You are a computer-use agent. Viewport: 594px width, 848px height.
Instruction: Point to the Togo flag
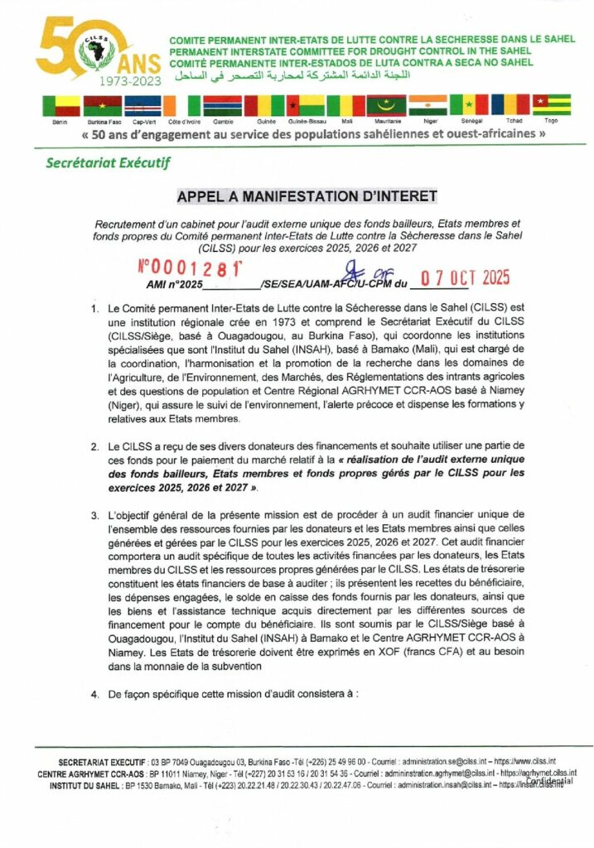click(x=551, y=105)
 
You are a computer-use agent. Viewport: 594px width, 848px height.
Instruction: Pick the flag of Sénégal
click(x=469, y=105)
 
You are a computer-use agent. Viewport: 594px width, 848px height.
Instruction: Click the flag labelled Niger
click(x=429, y=106)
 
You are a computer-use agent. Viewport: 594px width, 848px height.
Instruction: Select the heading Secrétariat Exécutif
click(x=107, y=162)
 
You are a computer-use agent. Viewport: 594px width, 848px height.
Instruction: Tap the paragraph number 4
click(x=96, y=694)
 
